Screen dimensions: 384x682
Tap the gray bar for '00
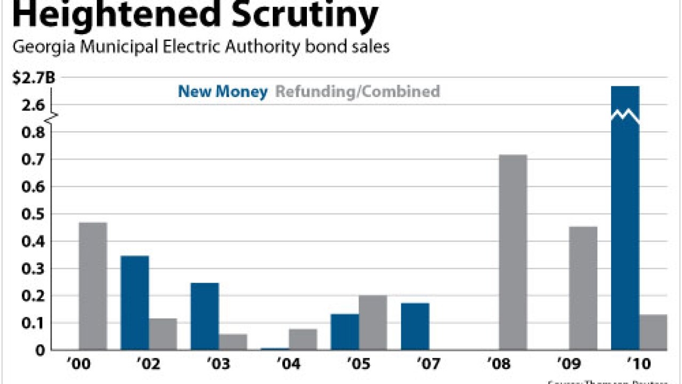93,286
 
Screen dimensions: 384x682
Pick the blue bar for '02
135,303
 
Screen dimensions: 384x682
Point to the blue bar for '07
415,326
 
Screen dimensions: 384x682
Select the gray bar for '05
373,322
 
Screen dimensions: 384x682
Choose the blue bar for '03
205,316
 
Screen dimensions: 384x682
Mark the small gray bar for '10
653,332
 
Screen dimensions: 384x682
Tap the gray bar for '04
303,339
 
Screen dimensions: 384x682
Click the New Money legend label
223,92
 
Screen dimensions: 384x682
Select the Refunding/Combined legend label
358,92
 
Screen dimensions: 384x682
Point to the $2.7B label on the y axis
34,78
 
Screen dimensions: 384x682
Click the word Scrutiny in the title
305,16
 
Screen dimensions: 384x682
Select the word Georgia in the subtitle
44,47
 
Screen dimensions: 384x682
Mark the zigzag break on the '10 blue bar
625,115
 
